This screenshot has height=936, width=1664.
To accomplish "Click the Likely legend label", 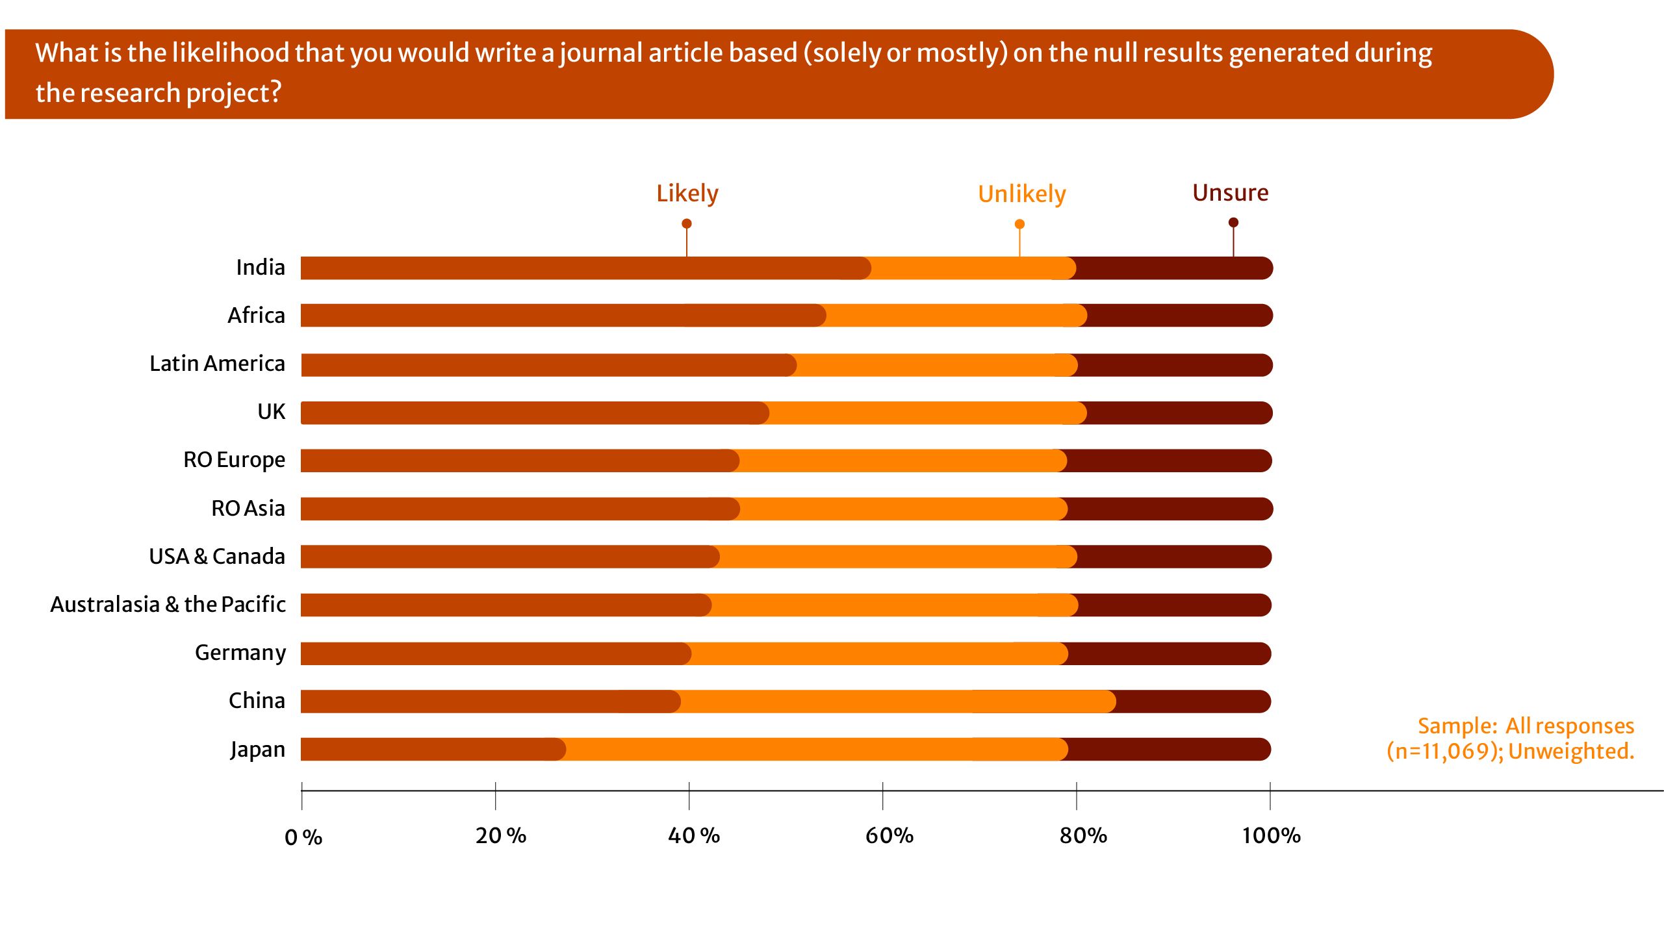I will [x=687, y=194].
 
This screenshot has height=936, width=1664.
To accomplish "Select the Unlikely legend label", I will [x=1021, y=194].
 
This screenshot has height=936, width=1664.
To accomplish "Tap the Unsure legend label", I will [x=1230, y=193].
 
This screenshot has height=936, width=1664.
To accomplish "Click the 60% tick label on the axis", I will [x=889, y=835].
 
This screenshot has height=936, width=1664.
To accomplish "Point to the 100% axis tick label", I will [x=1271, y=835].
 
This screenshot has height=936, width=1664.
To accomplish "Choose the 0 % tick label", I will [x=303, y=837].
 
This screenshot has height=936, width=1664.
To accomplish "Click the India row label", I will [x=260, y=268].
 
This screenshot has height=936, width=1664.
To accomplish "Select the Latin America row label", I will [x=217, y=364].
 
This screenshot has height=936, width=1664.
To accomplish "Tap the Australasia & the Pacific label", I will [x=168, y=605].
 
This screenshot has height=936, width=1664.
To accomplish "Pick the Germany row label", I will [x=240, y=653].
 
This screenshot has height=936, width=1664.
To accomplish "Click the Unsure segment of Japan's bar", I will [x=1170, y=750].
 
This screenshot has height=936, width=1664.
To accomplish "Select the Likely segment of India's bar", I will [x=585, y=268].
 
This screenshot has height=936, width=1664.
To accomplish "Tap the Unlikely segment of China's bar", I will [x=897, y=702].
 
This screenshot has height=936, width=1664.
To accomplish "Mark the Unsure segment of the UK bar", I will [x=1179, y=413].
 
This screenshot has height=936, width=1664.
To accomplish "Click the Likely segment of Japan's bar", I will [x=432, y=750].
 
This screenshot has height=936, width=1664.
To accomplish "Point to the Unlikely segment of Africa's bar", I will [x=955, y=316].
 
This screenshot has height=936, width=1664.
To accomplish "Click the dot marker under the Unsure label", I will [x=1233, y=223].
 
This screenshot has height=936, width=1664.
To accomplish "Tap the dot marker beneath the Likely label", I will [x=687, y=223].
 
